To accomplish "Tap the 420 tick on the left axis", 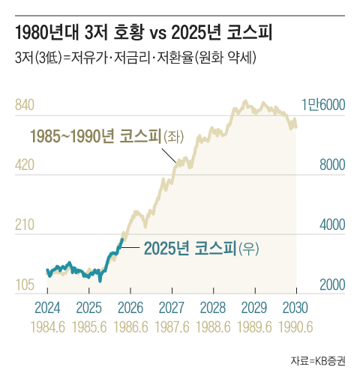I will (25, 165).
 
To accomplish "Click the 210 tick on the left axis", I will (25, 225).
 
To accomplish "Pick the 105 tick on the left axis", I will (25, 285).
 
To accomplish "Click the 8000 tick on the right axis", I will (328, 165).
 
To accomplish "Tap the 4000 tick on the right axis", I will (328, 225).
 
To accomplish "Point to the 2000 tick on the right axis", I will (328, 285).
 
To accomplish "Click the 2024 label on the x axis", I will (48, 307).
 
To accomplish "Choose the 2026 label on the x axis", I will (130, 307).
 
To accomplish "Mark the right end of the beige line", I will (296, 126).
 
